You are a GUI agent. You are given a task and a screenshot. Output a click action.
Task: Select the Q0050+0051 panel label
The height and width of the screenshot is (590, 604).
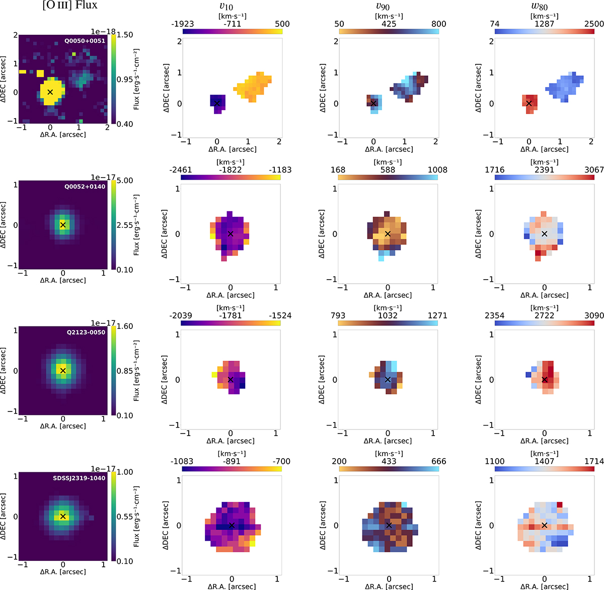click(85, 40)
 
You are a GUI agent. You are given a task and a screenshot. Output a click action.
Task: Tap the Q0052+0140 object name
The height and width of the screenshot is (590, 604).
click(85, 186)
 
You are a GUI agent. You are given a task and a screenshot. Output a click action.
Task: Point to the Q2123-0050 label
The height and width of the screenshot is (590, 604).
click(85, 332)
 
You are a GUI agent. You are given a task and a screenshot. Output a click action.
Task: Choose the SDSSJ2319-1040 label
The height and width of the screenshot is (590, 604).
click(82, 478)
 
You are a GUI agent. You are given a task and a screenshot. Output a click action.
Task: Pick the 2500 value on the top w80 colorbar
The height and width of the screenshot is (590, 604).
click(594, 24)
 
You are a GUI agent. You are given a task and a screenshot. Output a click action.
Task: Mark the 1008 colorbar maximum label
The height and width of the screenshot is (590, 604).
click(438, 170)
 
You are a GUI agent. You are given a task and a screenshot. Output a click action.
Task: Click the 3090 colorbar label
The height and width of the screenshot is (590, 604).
click(594, 315)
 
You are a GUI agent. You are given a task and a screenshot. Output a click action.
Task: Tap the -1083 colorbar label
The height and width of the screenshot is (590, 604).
click(182, 461)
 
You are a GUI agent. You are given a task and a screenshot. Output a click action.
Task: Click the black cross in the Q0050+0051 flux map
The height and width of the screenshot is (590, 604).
click(50, 92)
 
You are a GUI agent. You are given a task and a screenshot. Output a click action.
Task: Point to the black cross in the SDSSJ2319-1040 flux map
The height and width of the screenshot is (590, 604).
click(63, 516)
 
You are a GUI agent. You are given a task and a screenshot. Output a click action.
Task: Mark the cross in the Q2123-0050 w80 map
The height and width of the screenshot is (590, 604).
click(544, 380)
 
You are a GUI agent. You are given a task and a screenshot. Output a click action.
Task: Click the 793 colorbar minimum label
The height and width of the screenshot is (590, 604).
click(338, 315)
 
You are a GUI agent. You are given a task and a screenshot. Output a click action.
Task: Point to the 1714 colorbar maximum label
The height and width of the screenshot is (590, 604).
click(594, 461)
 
